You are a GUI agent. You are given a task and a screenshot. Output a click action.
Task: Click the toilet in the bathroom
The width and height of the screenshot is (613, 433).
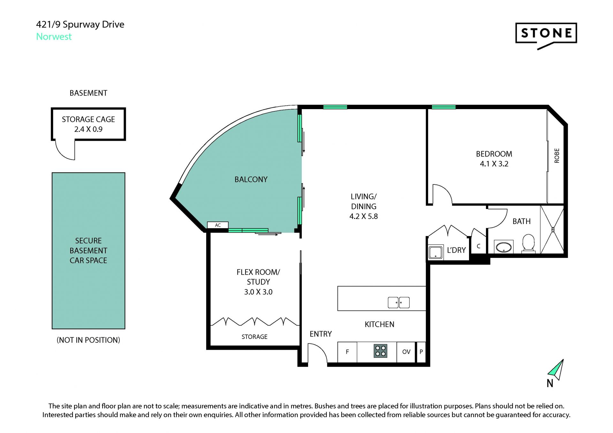point(528,244)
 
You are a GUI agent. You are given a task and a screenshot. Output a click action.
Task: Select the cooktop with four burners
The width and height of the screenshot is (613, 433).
point(380,351)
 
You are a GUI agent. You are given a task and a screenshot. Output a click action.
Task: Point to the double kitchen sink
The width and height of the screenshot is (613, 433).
point(398,302)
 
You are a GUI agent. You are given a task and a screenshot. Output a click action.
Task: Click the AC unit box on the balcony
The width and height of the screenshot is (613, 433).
point(218,225)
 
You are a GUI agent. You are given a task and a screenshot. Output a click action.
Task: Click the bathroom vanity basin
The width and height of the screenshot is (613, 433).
point(503,247)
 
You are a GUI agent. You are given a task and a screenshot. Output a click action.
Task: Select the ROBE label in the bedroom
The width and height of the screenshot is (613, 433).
point(557,156)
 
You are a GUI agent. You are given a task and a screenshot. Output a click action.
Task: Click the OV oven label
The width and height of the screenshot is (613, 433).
point(406,352)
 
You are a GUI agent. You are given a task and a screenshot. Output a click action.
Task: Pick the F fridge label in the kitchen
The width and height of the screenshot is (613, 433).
point(347,352)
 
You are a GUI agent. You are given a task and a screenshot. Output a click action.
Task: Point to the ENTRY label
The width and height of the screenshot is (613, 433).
point(321,334)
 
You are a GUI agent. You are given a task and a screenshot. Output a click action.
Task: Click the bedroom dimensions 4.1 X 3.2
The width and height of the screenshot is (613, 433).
point(494,164)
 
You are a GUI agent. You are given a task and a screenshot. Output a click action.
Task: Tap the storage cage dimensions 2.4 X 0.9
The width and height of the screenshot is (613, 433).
point(88,129)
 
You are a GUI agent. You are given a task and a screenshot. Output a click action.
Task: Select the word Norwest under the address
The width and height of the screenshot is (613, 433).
point(54,37)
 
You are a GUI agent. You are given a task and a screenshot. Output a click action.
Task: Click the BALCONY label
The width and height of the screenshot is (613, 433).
point(251,179)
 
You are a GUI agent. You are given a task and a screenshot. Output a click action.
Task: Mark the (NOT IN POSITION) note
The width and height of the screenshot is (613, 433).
point(88,340)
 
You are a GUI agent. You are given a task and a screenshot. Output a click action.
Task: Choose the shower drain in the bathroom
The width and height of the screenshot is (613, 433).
point(553,229)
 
